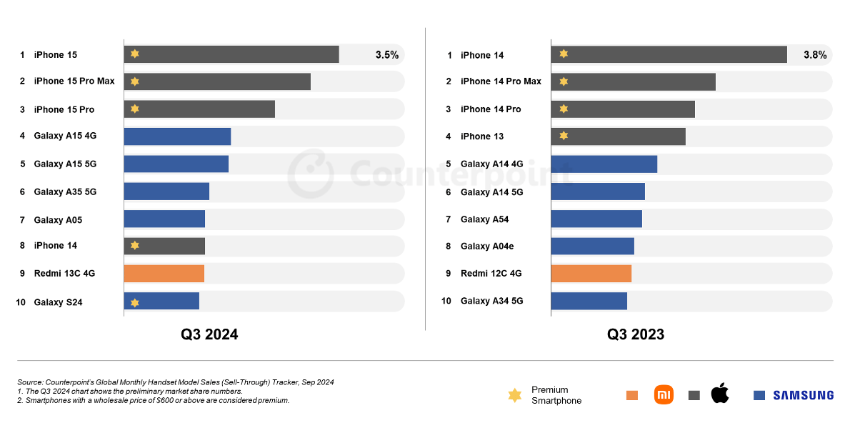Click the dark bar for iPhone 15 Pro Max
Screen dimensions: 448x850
click(217, 81)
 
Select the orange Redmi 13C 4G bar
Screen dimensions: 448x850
click(164, 274)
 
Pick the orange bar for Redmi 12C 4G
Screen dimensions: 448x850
click(591, 274)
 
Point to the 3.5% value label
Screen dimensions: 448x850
click(387, 55)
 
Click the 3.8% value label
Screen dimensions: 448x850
click(815, 55)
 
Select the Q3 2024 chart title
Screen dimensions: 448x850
click(209, 334)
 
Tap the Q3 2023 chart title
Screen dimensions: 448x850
click(636, 334)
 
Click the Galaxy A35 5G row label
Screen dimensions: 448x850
click(65, 192)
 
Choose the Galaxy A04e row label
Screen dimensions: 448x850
click(487, 247)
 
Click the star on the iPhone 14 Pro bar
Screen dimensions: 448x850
click(564, 109)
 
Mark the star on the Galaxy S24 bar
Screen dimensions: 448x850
click(135, 302)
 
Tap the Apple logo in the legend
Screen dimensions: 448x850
click(720, 393)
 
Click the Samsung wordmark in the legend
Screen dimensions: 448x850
click(803, 395)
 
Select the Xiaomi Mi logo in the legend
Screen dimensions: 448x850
click(664, 394)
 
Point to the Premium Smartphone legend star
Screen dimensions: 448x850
click(514, 395)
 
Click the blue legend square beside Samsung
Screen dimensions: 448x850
click(759, 395)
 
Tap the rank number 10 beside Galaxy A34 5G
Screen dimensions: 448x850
click(446, 301)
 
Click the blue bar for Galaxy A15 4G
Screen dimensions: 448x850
click(177, 136)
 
